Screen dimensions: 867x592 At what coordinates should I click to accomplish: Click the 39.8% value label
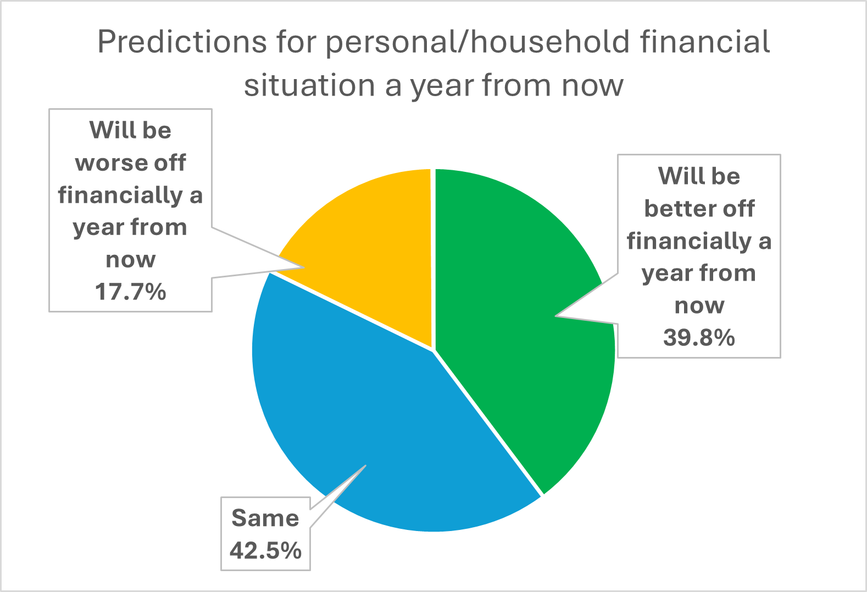(x=699, y=337)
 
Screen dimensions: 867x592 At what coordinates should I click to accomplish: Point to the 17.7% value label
(x=130, y=292)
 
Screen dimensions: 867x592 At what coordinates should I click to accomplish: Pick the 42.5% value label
(x=265, y=550)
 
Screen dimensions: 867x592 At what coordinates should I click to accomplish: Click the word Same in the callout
(x=265, y=518)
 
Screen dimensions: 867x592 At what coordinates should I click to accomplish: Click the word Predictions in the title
(x=182, y=41)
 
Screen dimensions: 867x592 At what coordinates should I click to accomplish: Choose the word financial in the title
(x=705, y=41)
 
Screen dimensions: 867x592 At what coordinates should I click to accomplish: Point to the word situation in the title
(x=309, y=85)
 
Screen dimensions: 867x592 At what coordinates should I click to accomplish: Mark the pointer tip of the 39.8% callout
(x=556, y=316)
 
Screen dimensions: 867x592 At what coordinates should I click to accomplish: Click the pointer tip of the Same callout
(x=365, y=466)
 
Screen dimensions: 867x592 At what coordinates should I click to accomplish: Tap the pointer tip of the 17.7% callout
(x=303, y=267)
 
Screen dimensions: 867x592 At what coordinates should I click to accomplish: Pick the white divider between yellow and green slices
(x=433, y=259)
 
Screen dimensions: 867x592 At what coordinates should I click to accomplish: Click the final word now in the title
(x=592, y=86)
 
